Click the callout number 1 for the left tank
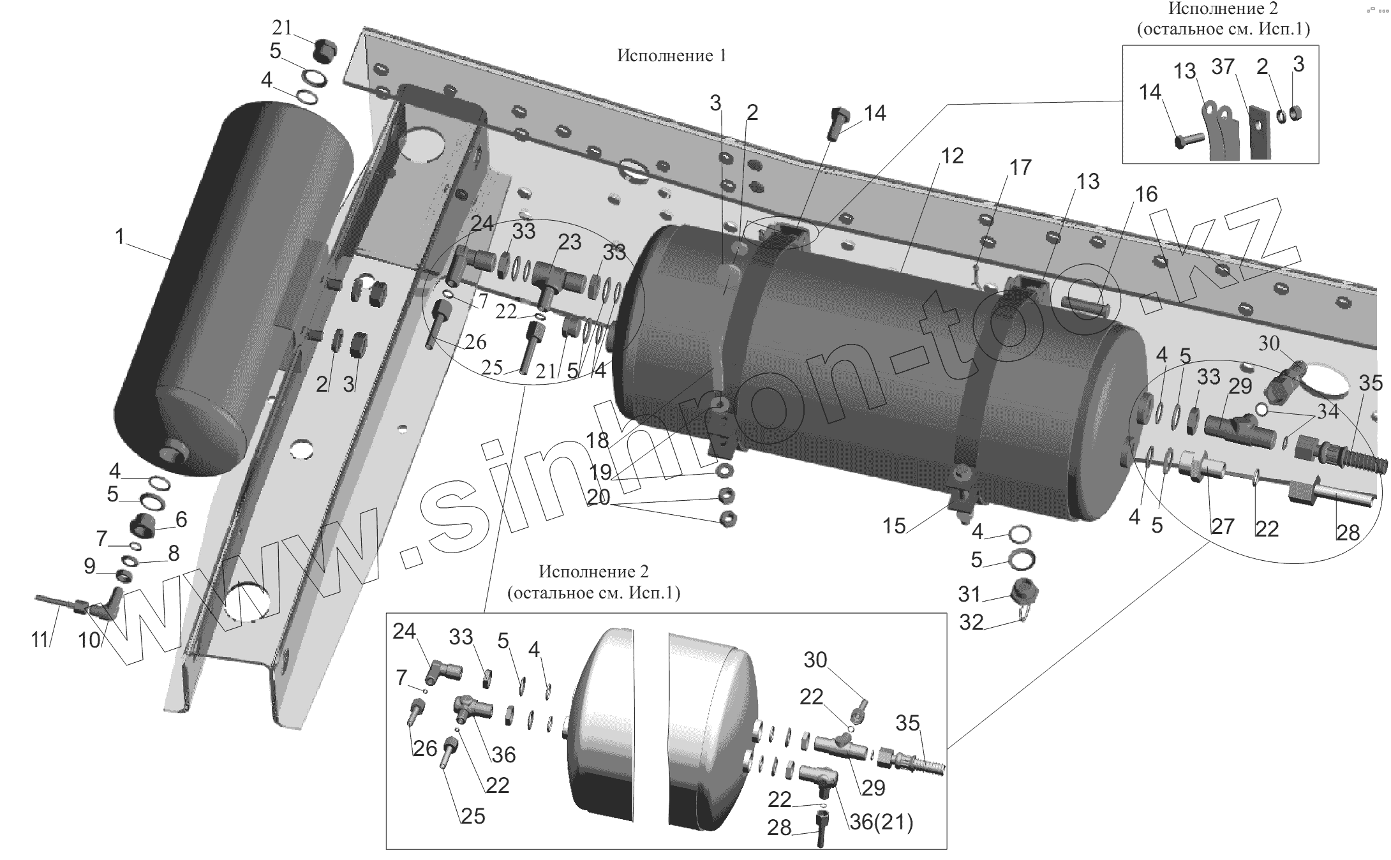pyautogui.click(x=119, y=237)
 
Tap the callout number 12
pyautogui.click(x=952, y=156)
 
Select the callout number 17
pyautogui.click(x=1020, y=167)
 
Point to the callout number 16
pyautogui.click(x=1146, y=194)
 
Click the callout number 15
pyautogui.click(x=894, y=526)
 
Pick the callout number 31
pyautogui.click(x=969, y=594)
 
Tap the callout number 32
pyautogui.click(x=971, y=622)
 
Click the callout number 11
pyautogui.click(x=40, y=639)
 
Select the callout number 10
pyautogui.click(x=89, y=640)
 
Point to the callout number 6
pyautogui.click(x=181, y=519)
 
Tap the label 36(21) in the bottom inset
pyautogui.click(x=881, y=822)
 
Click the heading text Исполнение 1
pyautogui.click(x=671, y=56)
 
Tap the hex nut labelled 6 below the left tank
pyautogui.click(x=145, y=527)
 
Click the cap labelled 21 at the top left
pyautogui.click(x=325, y=50)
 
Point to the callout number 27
pyautogui.click(x=1223, y=526)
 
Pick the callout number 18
pyautogui.click(x=597, y=440)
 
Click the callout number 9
pyautogui.click(x=89, y=565)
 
